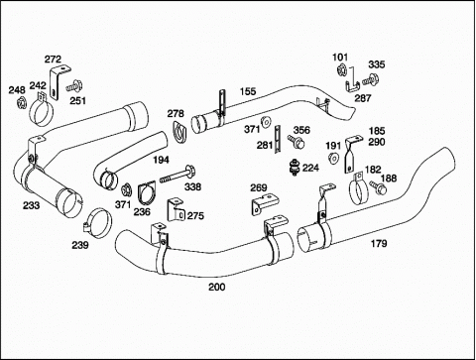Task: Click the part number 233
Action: (x=31, y=205)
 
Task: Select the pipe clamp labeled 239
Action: (x=97, y=223)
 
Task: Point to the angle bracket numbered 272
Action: (x=59, y=82)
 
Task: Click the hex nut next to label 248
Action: (x=22, y=103)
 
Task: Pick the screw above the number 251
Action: (x=73, y=86)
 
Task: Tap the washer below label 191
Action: (x=333, y=158)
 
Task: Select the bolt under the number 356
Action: (x=296, y=142)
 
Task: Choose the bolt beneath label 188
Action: (x=378, y=187)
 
